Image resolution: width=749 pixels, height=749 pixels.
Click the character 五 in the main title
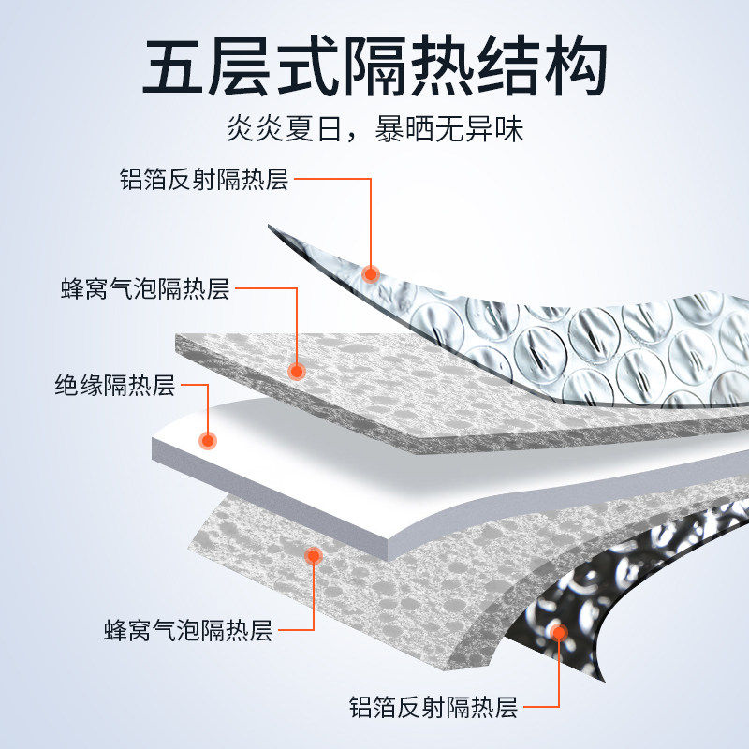click(x=178, y=66)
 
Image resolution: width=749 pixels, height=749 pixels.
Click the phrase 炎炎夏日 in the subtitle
click(x=284, y=128)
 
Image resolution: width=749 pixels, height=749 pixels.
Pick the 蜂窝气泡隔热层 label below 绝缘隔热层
click(x=187, y=630)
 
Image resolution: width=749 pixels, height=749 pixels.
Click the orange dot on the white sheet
click(x=209, y=439)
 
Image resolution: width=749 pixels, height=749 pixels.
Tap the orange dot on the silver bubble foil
click(x=371, y=274)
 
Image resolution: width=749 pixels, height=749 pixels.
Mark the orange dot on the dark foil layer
click(x=560, y=632)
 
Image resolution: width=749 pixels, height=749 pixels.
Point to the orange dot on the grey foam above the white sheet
click(x=297, y=371)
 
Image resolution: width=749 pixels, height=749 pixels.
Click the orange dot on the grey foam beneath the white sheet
click(x=315, y=555)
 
